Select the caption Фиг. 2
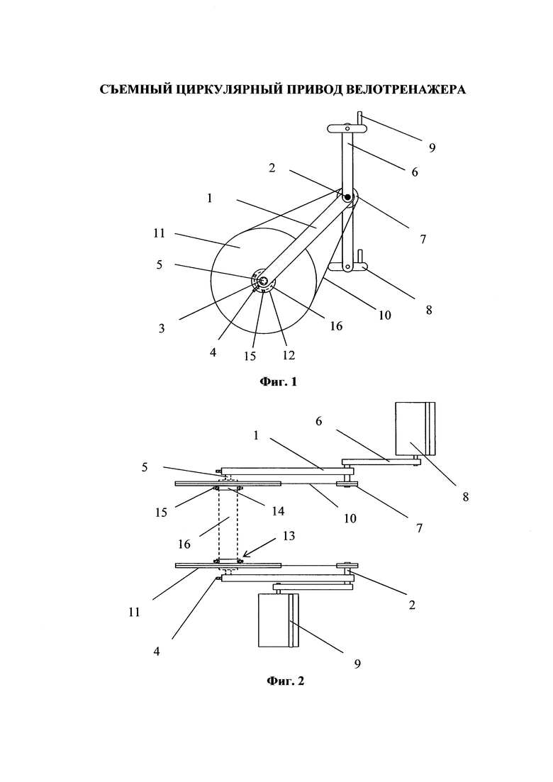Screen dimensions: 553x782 (285, 681)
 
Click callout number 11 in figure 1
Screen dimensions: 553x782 (159, 233)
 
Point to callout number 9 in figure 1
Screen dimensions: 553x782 (432, 147)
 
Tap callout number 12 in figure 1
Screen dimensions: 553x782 (289, 355)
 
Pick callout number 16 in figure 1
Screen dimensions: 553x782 (336, 325)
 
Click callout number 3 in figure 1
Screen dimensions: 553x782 (162, 329)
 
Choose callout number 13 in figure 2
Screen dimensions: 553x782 (289, 535)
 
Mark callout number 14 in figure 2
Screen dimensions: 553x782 (278, 510)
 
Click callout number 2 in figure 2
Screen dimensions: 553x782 (412, 605)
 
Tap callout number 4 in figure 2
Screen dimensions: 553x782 (157, 652)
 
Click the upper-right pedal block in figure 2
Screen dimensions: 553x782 (415, 428)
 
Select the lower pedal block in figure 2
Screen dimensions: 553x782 (278, 620)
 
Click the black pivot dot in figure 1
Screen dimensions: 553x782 (347, 198)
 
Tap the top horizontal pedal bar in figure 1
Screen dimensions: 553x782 (347, 128)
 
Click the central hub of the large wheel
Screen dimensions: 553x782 (263, 281)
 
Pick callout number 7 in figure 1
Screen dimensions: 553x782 (423, 240)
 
